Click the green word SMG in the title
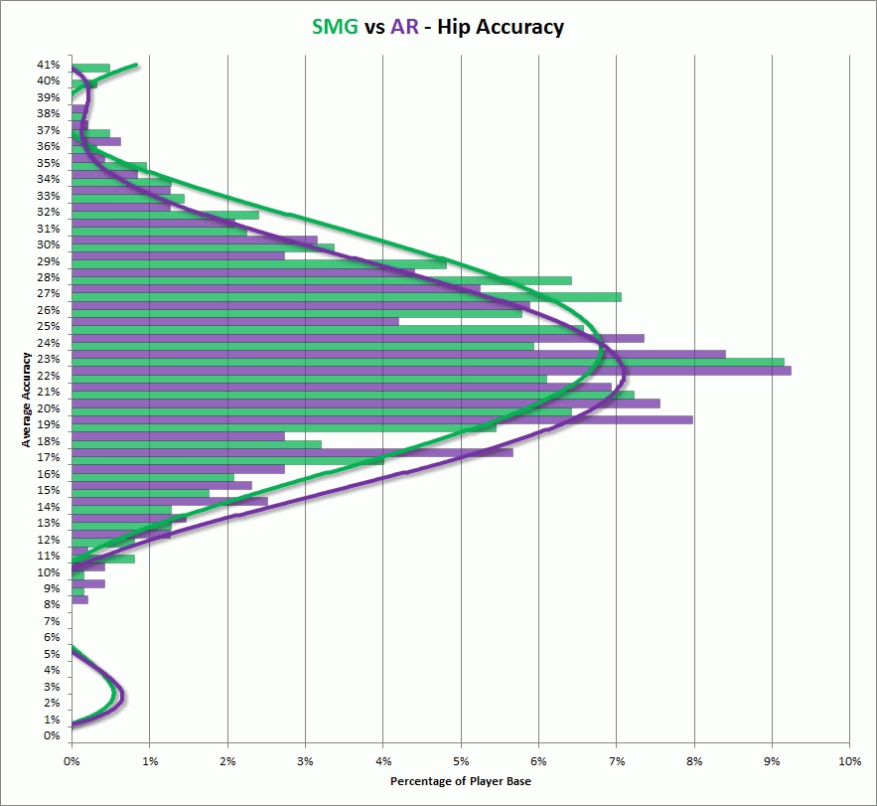tap(335, 27)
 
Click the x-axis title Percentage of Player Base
tap(460, 782)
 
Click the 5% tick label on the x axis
tap(460, 760)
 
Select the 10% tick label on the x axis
tap(849, 760)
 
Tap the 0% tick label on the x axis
tap(72, 760)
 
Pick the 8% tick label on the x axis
tap(693, 760)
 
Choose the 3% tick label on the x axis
tap(305, 760)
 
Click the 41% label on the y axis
tap(50, 65)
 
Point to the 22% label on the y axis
tap(50, 376)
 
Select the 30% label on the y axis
tap(50, 244)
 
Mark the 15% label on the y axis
tap(50, 490)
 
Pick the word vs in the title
tap(375, 28)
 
